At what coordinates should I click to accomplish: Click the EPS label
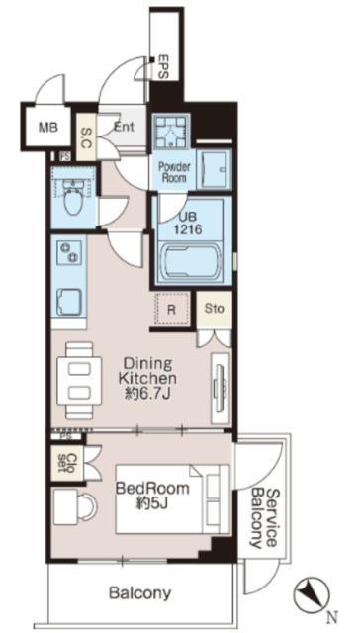tap(165, 67)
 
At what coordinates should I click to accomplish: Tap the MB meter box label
tap(48, 128)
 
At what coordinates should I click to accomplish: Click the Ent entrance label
tap(124, 127)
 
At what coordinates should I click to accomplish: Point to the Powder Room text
tap(174, 172)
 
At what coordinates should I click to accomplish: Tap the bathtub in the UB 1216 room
tap(190, 261)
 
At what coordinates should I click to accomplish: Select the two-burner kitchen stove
tap(69, 252)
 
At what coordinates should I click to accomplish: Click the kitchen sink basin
tap(68, 302)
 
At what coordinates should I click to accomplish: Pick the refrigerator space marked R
tap(172, 310)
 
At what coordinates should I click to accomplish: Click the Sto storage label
tap(214, 309)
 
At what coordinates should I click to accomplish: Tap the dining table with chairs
tap(79, 380)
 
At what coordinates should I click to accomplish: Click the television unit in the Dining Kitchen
tap(220, 388)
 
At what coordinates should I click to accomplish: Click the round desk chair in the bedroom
tap(87, 506)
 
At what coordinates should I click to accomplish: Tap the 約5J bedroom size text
tap(152, 505)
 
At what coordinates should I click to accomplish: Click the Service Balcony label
tap(264, 518)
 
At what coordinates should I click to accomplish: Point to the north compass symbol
tap(312, 595)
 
